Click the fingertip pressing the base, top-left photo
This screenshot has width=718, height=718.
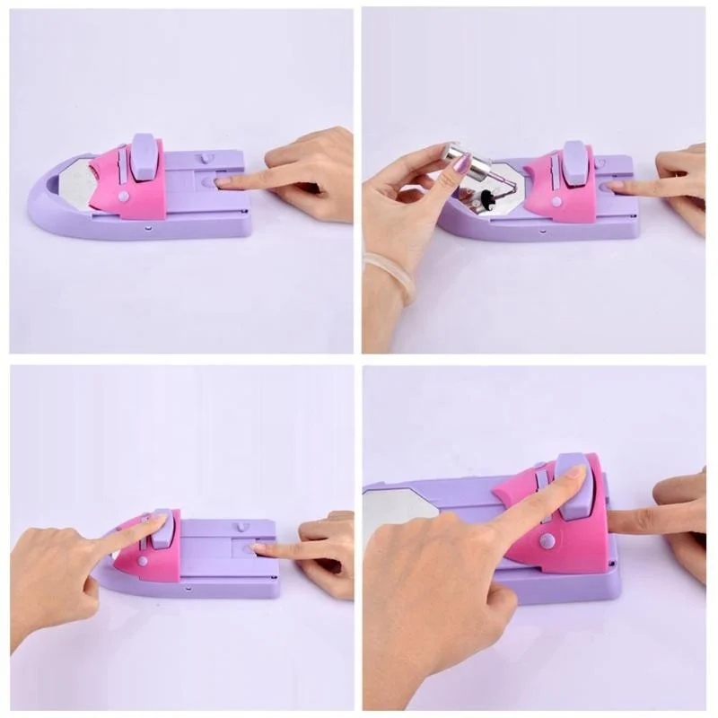[223, 182]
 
